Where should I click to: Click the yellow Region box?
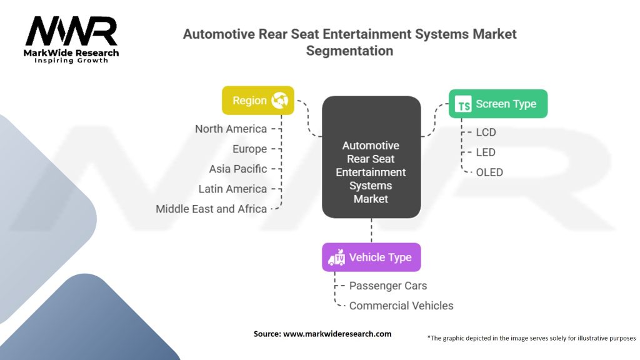coord(258,100)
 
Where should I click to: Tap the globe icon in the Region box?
coord(279,100)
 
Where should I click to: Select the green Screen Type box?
coord(498,104)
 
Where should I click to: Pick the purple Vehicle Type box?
coord(371,257)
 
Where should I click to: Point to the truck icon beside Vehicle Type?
coord(337,257)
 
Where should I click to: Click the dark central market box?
coord(371,158)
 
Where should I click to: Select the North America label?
coord(231,129)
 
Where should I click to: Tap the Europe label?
coord(249,149)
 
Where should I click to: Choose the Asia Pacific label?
coord(238,169)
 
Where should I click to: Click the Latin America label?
coord(232,189)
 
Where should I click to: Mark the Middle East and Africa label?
coord(211,209)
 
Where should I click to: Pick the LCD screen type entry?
coord(486,132)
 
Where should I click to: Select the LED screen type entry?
coord(486,152)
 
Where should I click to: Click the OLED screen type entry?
coord(489,172)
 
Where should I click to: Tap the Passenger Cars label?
coord(388,286)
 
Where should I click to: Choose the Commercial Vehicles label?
coord(401,306)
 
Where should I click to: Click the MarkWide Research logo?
coord(71,39)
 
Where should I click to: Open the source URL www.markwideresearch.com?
coord(337,334)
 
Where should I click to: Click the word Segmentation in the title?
coord(349,51)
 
